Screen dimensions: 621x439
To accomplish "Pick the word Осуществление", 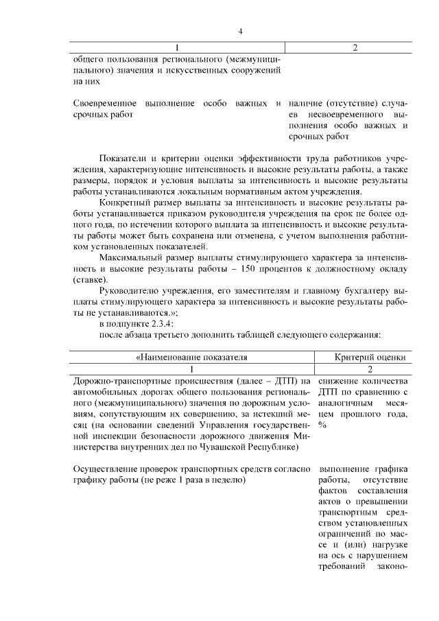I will (x=105, y=469).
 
